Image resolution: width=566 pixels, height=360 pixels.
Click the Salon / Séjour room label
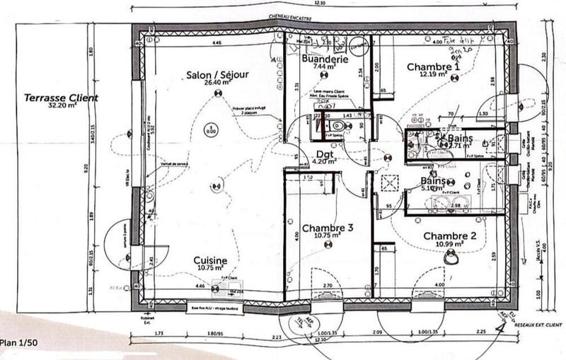210,74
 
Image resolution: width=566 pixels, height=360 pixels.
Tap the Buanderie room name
324,61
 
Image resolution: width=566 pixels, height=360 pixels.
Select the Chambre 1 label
433,66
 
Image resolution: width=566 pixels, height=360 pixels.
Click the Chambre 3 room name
327,228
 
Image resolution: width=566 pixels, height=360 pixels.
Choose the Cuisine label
211,261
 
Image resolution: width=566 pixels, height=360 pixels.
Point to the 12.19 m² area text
433,74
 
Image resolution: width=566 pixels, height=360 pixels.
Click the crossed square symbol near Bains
388,182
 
